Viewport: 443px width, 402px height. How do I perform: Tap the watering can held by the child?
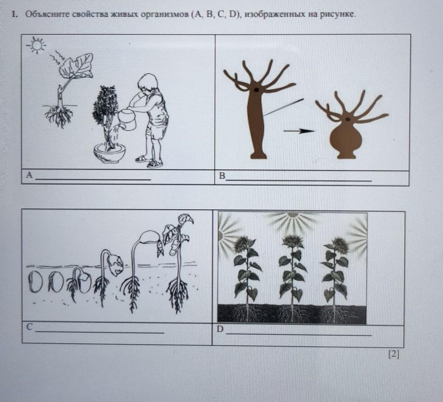(x=128, y=120)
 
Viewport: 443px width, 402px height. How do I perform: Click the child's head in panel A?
(x=148, y=83)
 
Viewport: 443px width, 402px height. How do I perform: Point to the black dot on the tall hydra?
(x=257, y=90)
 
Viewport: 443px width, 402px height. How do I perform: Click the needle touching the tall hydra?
(x=283, y=108)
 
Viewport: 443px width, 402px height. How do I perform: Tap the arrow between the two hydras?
(x=299, y=131)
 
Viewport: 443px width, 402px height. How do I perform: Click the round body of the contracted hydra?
(x=346, y=139)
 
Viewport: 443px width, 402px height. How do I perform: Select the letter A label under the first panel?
(x=29, y=175)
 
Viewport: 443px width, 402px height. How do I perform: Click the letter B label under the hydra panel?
(x=222, y=176)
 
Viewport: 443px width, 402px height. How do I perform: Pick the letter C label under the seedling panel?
(x=30, y=327)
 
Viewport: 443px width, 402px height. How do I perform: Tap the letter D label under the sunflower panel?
(x=220, y=329)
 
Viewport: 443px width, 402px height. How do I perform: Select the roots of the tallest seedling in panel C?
(x=178, y=294)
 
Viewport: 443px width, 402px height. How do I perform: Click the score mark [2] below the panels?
(x=394, y=354)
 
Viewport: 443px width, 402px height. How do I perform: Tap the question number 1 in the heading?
(x=13, y=14)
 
